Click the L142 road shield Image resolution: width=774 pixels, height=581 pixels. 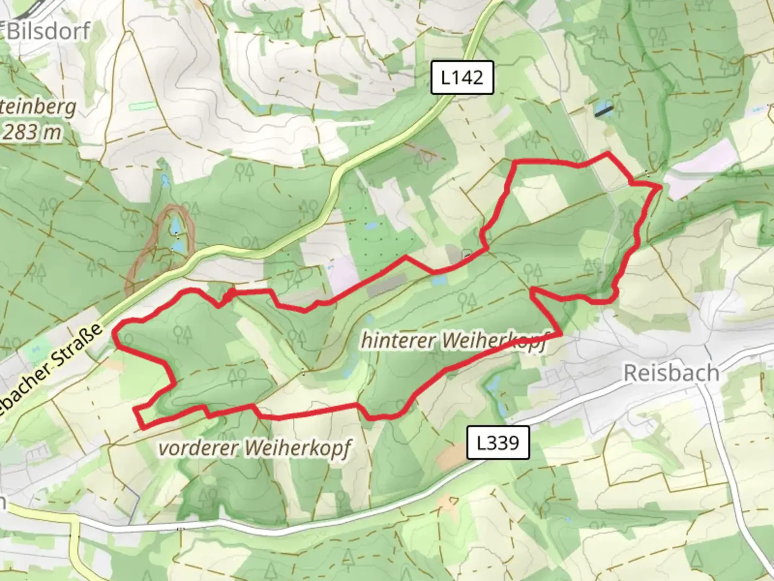tap(462, 78)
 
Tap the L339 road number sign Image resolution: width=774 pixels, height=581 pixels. tap(498, 443)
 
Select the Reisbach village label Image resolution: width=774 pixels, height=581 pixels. tap(671, 372)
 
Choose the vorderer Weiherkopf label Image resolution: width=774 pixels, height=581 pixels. tap(255, 448)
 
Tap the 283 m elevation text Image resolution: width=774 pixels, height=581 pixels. tap(31, 132)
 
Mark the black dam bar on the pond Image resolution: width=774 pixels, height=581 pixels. tap(604, 110)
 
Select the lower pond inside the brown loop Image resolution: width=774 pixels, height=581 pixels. tap(177, 245)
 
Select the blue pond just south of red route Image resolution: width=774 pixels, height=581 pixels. tap(439, 280)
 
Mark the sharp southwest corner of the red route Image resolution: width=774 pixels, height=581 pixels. tap(142, 428)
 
